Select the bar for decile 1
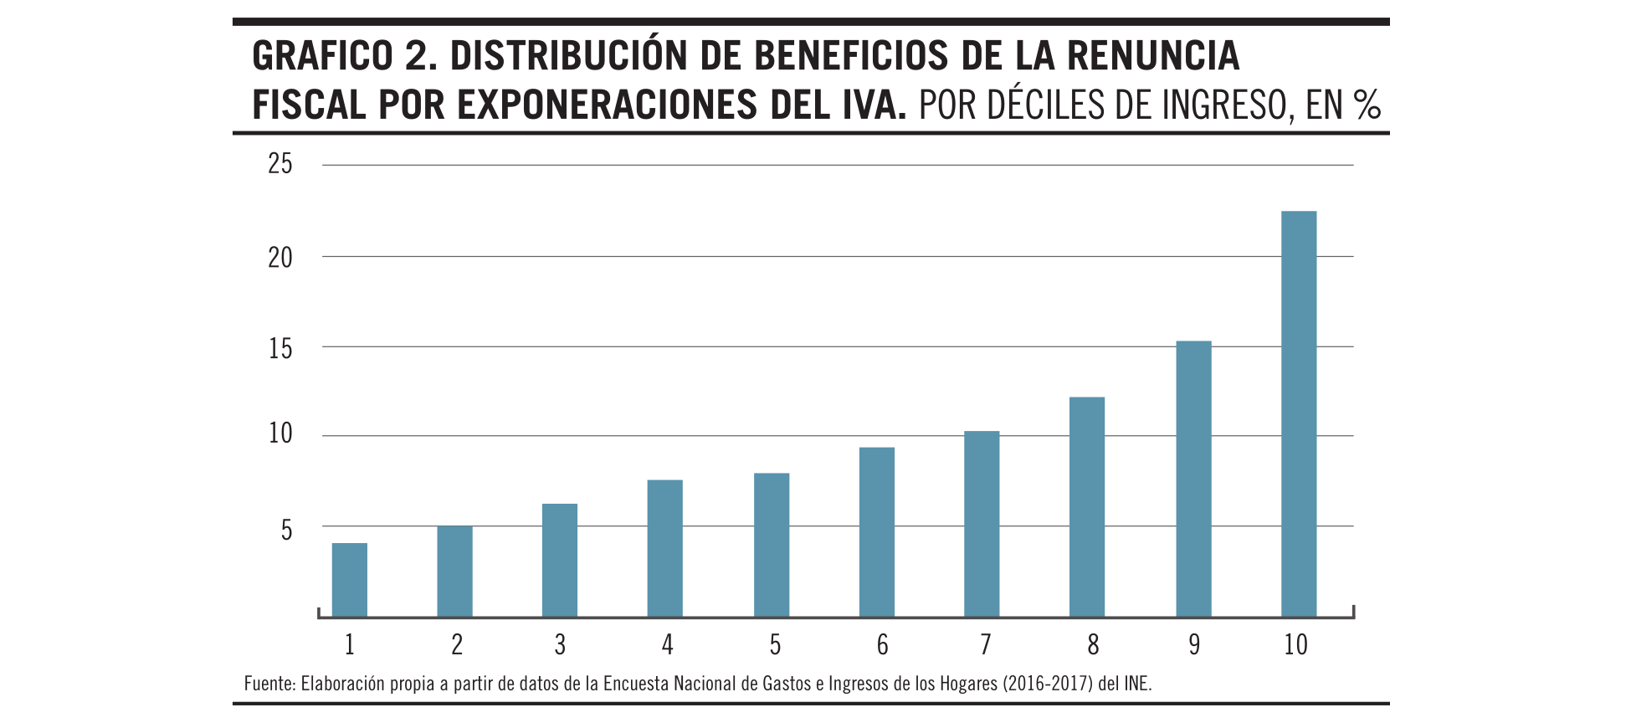(350, 580)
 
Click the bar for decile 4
(665, 548)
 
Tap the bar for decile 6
(877, 532)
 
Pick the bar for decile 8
(1087, 507)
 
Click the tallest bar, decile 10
(1299, 414)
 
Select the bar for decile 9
(1193, 479)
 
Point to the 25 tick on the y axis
(280, 164)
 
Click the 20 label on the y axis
(280, 258)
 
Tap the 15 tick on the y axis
(280, 348)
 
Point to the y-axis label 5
(286, 531)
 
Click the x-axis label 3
(560, 645)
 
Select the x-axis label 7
(986, 645)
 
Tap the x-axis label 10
(1295, 645)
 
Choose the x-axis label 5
(775, 645)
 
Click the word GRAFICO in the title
(322, 57)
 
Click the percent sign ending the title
(1367, 105)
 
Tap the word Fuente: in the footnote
(269, 684)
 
